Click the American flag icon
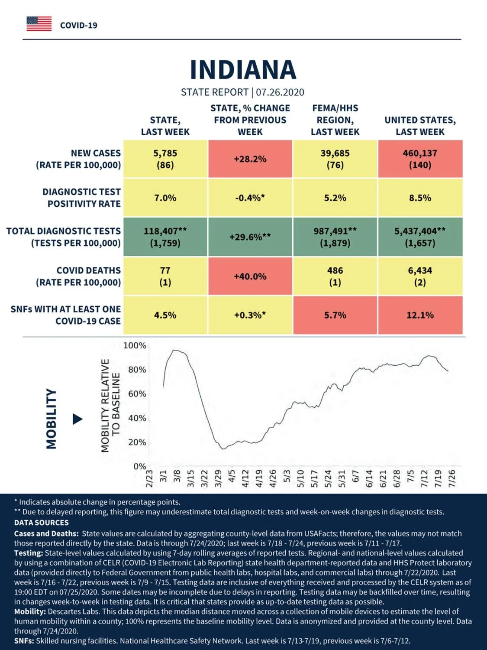(x=39, y=24)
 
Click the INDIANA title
(x=243, y=70)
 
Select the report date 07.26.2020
(x=280, y=92)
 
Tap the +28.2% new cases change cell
(x=250, y=159)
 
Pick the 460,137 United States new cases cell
(x=420, y=159)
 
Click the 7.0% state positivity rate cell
(x=165, y=198)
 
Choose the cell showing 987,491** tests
(x=335, y=237)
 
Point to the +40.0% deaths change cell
(x=250, y=276)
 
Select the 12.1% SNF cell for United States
(x=420, y=315)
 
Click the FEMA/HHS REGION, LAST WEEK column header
(x=335, y=120)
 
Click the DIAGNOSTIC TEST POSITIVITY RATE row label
(x=82, y=198)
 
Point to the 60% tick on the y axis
(x=137, y=394)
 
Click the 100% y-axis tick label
(x=135, y=345)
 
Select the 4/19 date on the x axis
(x=259, y=478)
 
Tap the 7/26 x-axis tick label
(x=452, y=478)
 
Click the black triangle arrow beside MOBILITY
(x=77, y=419)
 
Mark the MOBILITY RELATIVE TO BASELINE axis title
(x=110, y=406)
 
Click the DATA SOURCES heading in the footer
(x=42, y=523)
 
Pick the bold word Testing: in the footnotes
(x=29, y=553)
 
